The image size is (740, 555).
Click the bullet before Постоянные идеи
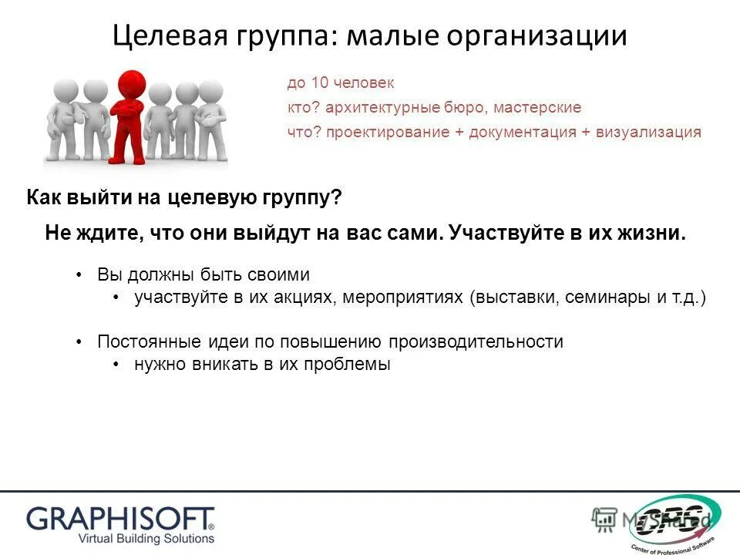pos(80,341)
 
